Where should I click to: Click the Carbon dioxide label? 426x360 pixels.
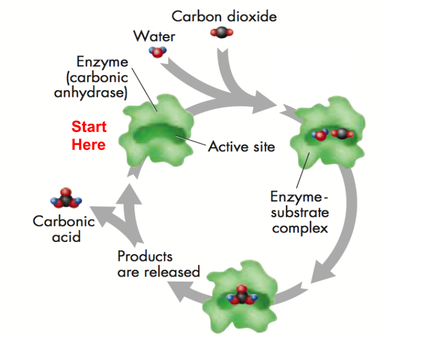224,16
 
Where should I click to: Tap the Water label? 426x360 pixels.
154,37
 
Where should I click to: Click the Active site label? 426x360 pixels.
242,147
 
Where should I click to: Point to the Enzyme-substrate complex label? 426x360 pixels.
299,213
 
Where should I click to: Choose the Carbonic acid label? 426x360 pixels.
63,228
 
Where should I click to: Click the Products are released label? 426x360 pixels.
158,264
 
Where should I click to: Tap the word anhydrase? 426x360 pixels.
91,92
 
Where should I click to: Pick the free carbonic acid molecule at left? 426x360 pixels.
66,199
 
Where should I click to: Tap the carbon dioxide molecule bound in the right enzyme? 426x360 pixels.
341,134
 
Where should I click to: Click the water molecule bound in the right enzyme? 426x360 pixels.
320,134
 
